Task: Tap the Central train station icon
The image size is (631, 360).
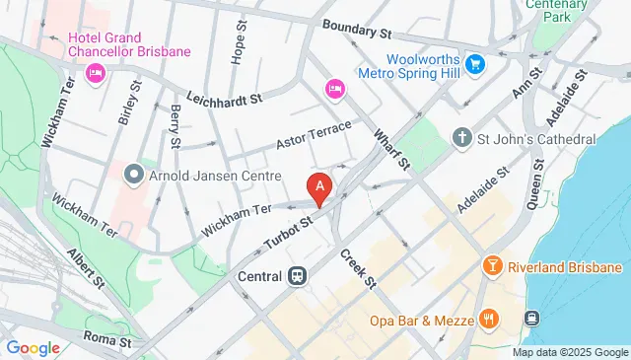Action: click(x=296, y=276)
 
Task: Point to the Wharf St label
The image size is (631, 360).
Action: click(x=391, y=145)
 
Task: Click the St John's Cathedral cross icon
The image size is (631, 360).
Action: click(x=461, y=138)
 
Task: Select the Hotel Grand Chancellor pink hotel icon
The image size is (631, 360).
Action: click(x=97, y=72)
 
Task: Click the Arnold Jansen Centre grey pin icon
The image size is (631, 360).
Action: click(x=134, y=175)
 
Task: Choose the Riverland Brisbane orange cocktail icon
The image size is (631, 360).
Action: click(x=490, y=267)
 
